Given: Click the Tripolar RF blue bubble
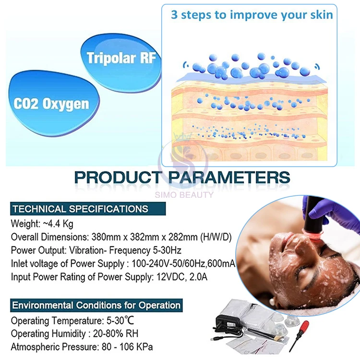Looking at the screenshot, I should [121, 59].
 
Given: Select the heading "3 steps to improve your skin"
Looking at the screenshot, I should [252, 15].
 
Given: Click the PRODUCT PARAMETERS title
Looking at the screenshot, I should [182, 177].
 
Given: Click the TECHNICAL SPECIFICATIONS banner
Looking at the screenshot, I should [80, 209].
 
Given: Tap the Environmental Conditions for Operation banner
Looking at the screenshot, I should [96, 305].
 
